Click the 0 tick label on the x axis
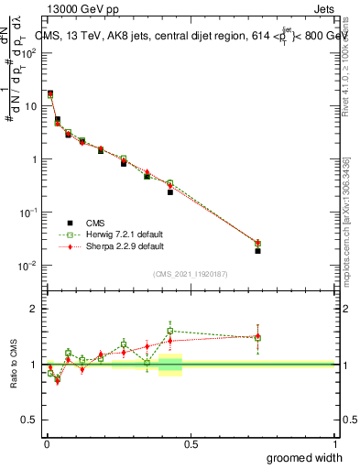pos(46,444)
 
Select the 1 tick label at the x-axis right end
pos(334,444)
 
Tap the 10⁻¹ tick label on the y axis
pos(30,213)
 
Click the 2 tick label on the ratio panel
pos(34,309)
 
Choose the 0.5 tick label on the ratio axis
pos(30,420)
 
